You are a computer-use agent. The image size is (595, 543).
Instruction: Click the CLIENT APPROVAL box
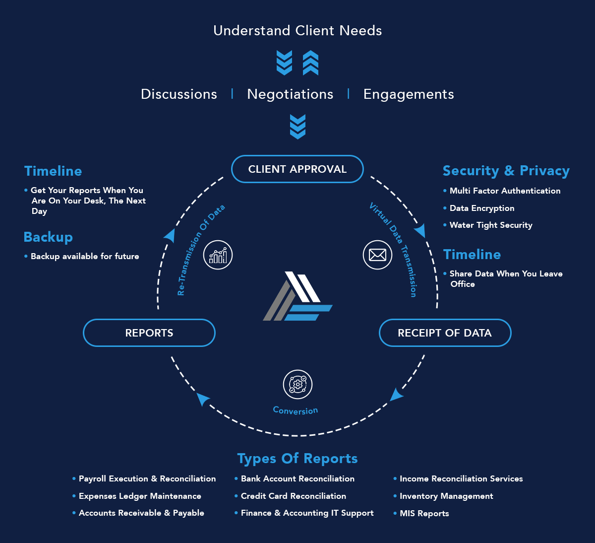click(x=297, y=169)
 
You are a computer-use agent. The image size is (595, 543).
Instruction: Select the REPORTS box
click(x=149, y=333)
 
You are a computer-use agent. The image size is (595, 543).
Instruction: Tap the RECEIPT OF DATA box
click(x=445, y=333)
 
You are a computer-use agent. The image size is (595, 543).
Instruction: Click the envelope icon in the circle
click(x=377, y=255)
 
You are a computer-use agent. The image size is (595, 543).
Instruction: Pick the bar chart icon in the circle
click(x=218, y=255)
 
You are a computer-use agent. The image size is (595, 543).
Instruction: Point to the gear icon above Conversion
click(x=297, y=384)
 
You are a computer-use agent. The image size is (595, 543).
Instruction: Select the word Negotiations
click(x=290, y=94)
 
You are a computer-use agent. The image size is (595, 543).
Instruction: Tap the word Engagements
click(x=409, y=94)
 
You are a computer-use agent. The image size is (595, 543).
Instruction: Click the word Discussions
click(x=179, y=94)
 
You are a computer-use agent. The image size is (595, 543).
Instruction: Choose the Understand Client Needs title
click(x=297, y=31)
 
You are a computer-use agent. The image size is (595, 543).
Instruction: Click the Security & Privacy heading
click(x=506, y=171)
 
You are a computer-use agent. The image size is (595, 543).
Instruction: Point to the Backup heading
click(x=48, y=237)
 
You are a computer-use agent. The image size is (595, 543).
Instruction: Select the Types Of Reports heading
click(x=297, y=459)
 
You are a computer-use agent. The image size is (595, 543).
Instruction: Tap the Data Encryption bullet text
click(x=481, y=208)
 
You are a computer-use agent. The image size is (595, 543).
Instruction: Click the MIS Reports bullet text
click(x=424, y=513)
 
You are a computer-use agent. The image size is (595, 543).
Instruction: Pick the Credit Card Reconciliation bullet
click(x=293, y=496)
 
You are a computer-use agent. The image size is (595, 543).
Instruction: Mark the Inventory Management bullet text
click(x=446, y=496)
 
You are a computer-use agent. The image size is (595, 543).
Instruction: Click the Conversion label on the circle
click(x=296, y=410)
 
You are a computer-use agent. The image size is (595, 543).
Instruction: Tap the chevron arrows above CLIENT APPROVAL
click(x=297, y=127)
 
